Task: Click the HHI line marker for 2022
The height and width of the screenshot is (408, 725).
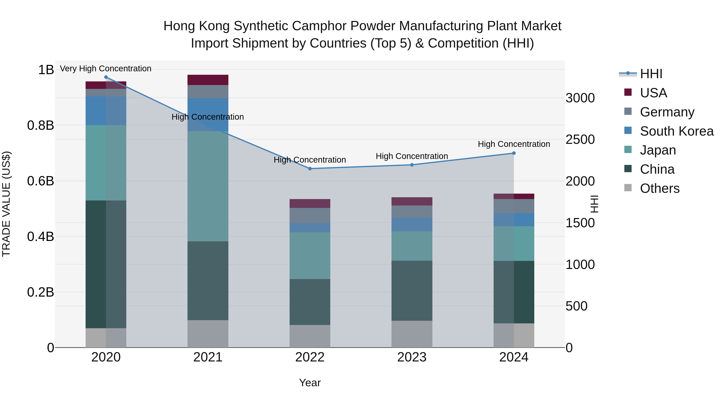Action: point(310,169)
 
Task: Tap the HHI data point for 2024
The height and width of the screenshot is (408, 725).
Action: point(514,153)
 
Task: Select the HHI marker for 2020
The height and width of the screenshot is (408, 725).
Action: point(106,77)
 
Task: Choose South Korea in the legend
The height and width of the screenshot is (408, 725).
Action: point(677,131)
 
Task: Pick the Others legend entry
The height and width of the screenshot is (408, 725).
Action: point(659,188)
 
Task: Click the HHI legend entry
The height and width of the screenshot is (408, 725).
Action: point(651,74)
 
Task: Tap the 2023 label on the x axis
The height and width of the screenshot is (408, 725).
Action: point(412,357)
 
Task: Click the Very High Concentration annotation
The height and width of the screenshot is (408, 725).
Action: point(106,69)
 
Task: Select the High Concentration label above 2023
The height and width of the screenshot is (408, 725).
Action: point(412,156)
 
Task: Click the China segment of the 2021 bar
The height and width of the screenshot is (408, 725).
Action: point(208,280)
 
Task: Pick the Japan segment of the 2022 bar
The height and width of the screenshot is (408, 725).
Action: point(310,255)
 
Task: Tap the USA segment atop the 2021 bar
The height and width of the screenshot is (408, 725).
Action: point(208,80)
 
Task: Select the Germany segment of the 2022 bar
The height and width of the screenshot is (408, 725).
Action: point(310,215)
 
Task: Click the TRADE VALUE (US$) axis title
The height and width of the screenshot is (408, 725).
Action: point(6,204)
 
